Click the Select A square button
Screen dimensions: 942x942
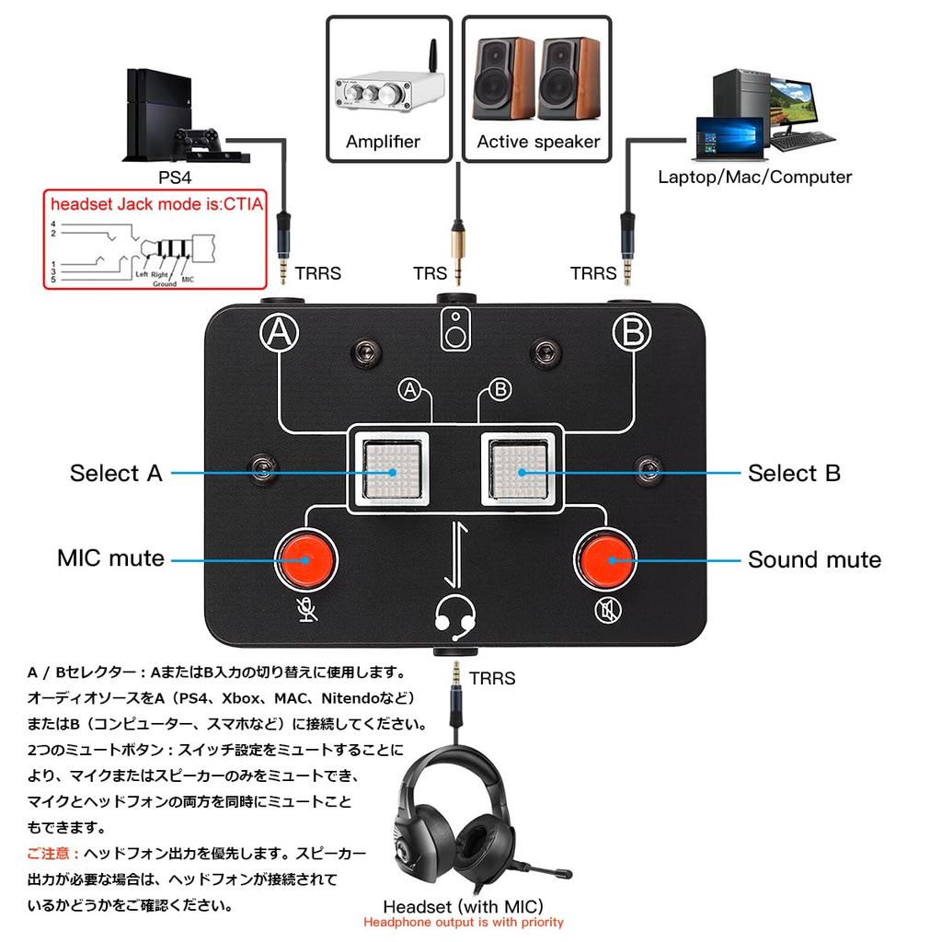coord(393,470)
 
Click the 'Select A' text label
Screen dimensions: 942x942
coord(116,474)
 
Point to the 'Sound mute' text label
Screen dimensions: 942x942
coord(813,559)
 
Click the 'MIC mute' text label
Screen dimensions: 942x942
coord(110,558)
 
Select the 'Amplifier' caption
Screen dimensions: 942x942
coord(383,142)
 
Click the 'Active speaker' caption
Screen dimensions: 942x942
coord(538,142)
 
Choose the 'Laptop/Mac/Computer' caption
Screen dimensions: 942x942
coord(754,177)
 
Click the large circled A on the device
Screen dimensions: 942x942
coord(280,334)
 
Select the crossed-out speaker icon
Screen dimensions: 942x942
coord(605,609)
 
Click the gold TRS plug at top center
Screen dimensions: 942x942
coord(455,248)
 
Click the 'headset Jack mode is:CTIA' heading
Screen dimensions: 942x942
coord(156,204)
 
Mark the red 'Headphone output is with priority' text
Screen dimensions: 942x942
coord(463,922)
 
